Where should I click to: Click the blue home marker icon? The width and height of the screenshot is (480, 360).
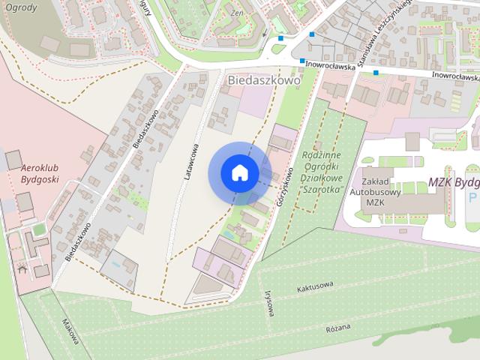click(239, 172)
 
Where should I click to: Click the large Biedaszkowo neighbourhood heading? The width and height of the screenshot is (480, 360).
click(262, 79)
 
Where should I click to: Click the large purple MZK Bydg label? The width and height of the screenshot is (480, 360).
click(453, 182)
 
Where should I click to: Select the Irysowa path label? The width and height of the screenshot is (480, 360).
click(268, 304)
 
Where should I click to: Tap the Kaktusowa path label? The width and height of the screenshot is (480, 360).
click(314, 288)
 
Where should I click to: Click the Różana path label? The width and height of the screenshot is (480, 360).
click(338, 328)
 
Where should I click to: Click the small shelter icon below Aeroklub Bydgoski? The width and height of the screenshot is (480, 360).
click(22, 268)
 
